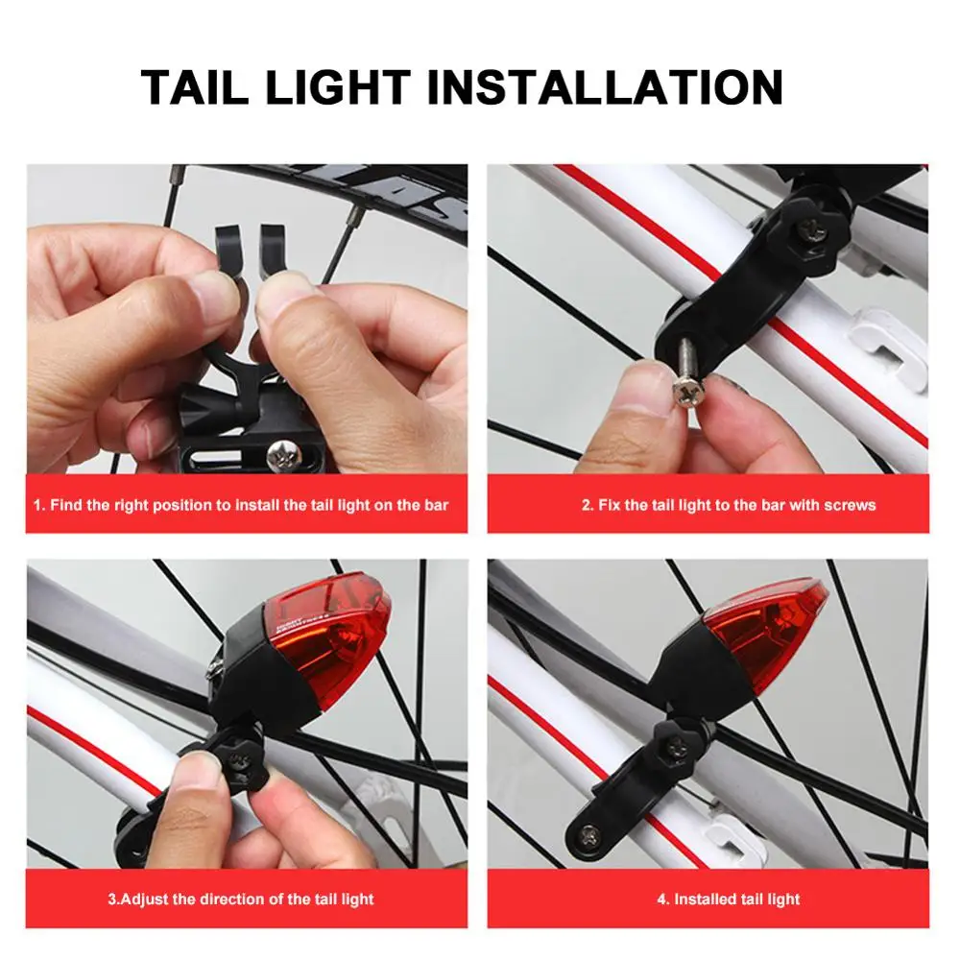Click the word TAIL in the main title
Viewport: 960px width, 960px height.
[x=195, y=87]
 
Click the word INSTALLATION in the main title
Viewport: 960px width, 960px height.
[x=605, y=87]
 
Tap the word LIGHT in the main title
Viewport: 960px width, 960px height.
[x=338, y=87]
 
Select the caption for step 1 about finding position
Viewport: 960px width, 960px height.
[x=241, y=505]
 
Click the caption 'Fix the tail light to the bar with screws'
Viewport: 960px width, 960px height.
[x=729, y=505]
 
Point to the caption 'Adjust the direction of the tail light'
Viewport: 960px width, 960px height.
[x=241, y=900]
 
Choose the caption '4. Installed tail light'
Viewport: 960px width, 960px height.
[x=729, y=900]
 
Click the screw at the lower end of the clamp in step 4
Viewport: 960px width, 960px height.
[x=590, y=834]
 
